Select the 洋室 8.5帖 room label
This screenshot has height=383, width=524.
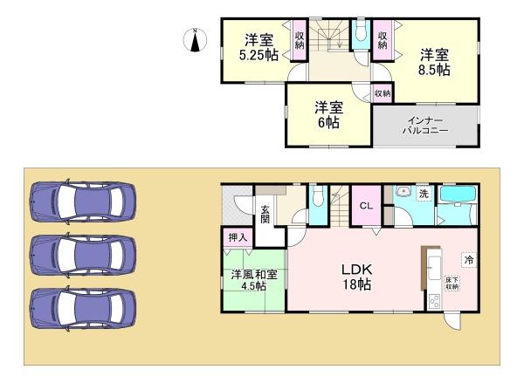(x=433, y=60)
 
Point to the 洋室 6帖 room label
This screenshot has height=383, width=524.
(x=328, y=114)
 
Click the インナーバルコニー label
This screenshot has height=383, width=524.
(x=426, y=124)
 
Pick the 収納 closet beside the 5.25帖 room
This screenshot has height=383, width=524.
(x=299, y=40)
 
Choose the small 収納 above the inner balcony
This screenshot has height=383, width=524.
(x=382, y=93)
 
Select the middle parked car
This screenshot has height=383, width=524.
(x=81, y=254)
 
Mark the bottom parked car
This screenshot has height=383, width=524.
(x=81, y=306)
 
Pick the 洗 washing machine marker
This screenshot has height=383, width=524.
(x=423, y=195)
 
